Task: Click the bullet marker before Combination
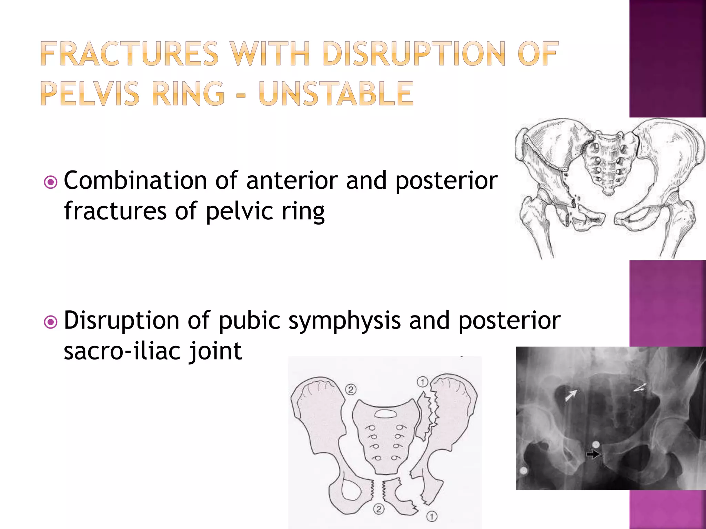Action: [x=51, y=182]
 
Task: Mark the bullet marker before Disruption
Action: [x=51, y=322]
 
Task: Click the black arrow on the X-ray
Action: [x=593, y=455]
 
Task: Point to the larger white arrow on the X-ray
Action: [x=571, y=395]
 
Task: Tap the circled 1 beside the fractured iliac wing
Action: [x=422, y=382]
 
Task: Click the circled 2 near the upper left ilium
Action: [x=351, y=390]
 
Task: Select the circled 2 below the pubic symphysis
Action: [x=379, y=509]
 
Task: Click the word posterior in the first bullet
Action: [x=446, y=180]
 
